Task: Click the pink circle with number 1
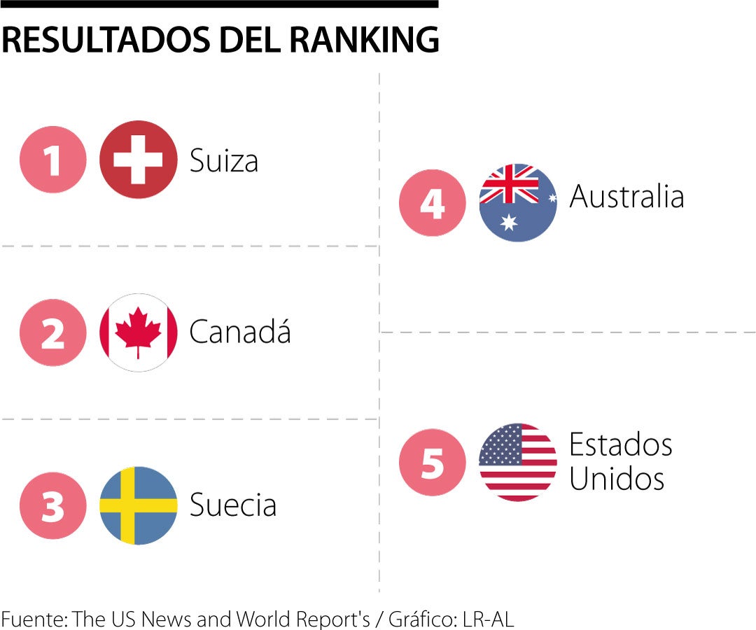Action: (53, 160)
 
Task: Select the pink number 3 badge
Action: (53, 505)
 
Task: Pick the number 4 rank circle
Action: (432, 202)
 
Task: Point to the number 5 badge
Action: (432, 462)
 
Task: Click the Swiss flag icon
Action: (138, 160)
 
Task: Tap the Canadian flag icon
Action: (138, 332)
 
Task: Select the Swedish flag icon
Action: (138, 505)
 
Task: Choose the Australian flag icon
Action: (518, 202)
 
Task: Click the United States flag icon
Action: (518, 462)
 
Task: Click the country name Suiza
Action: (224, 161)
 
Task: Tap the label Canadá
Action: (239, 332)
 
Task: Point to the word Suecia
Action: (233, 505)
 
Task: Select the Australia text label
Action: (626, 197)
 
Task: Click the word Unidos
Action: (616, 479)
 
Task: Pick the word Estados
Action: (620, 444)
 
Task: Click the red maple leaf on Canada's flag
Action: (138, 330)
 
